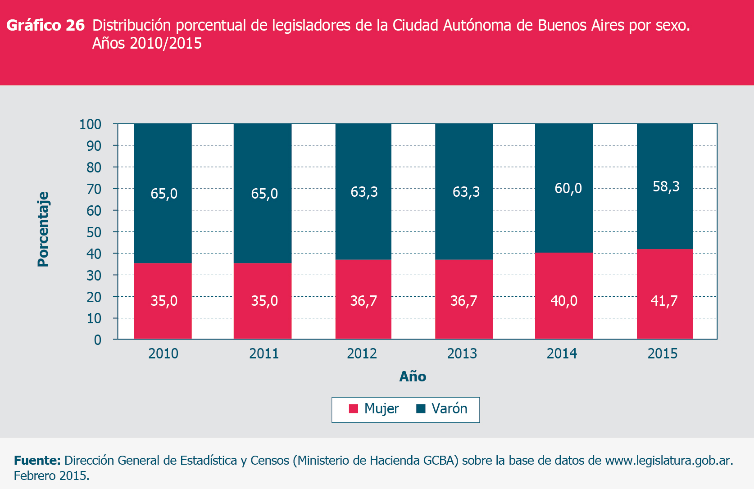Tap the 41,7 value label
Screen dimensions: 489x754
664,301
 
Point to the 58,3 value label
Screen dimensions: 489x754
666,186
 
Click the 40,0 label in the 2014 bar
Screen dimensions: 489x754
564,301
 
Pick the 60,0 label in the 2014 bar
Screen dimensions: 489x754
568,188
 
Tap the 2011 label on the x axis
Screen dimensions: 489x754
264,353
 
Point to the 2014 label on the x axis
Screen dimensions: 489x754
562,353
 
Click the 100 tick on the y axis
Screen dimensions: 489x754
90,124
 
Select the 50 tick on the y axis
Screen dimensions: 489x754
94,232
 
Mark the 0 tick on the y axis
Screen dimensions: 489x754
97,340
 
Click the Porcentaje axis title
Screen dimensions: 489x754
43,229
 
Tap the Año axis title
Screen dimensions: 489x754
413,376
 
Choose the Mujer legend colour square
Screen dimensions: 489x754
354,409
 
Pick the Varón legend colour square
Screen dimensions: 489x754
421,409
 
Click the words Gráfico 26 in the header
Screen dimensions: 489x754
45,26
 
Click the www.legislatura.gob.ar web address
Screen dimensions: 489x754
668,461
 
